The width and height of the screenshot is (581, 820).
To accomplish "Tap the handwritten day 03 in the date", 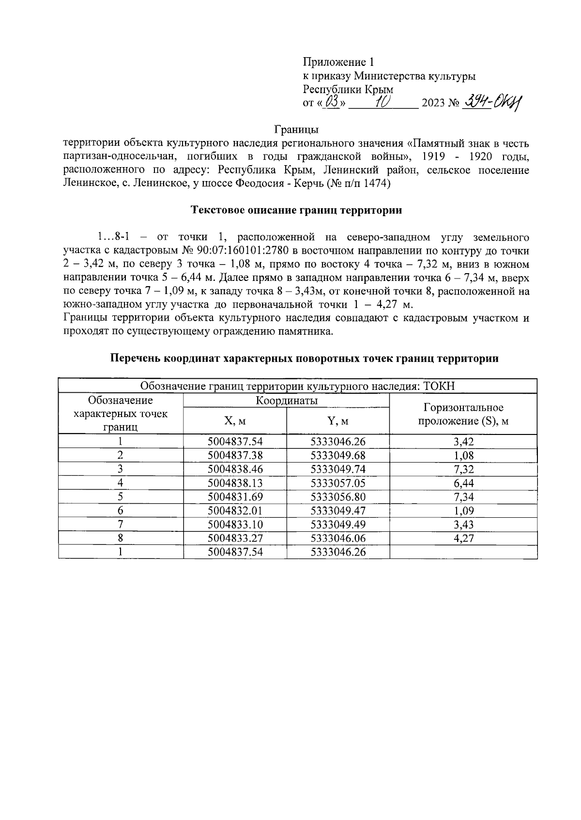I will [333, 103].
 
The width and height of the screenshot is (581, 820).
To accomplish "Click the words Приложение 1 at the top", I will [338, 62].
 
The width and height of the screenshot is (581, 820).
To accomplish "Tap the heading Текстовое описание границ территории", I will [297, 211].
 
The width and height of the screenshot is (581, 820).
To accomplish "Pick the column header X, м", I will [235, 421].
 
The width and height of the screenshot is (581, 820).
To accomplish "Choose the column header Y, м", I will [338, 421].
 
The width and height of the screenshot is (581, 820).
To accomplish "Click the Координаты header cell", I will [286, 401].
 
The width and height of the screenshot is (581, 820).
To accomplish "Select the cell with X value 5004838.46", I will [235, 469].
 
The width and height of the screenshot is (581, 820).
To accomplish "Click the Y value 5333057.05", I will [338, 483].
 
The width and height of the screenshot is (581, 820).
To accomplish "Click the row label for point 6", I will [121, 511].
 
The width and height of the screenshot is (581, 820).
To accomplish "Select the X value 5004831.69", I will [235, 496].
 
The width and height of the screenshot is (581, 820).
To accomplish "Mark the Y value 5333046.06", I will [338, 538].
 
